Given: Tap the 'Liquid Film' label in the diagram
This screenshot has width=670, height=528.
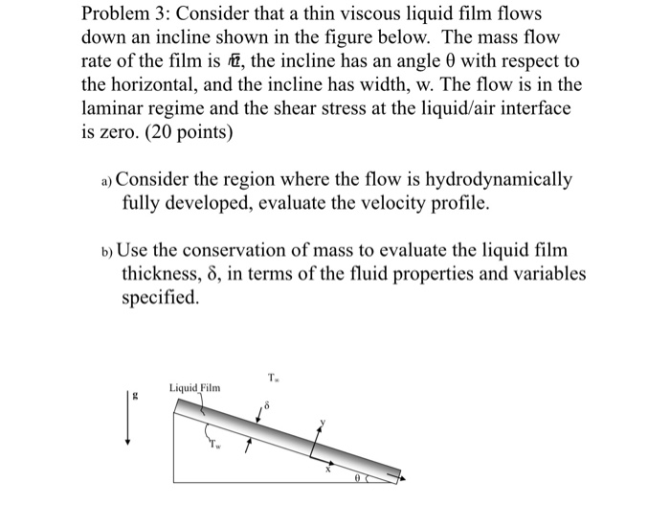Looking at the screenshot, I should tap(194, 387).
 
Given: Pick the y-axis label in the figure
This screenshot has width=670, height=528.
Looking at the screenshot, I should tap(324, 423).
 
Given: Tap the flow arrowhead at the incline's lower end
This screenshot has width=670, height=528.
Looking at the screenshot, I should tap(402, 476).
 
